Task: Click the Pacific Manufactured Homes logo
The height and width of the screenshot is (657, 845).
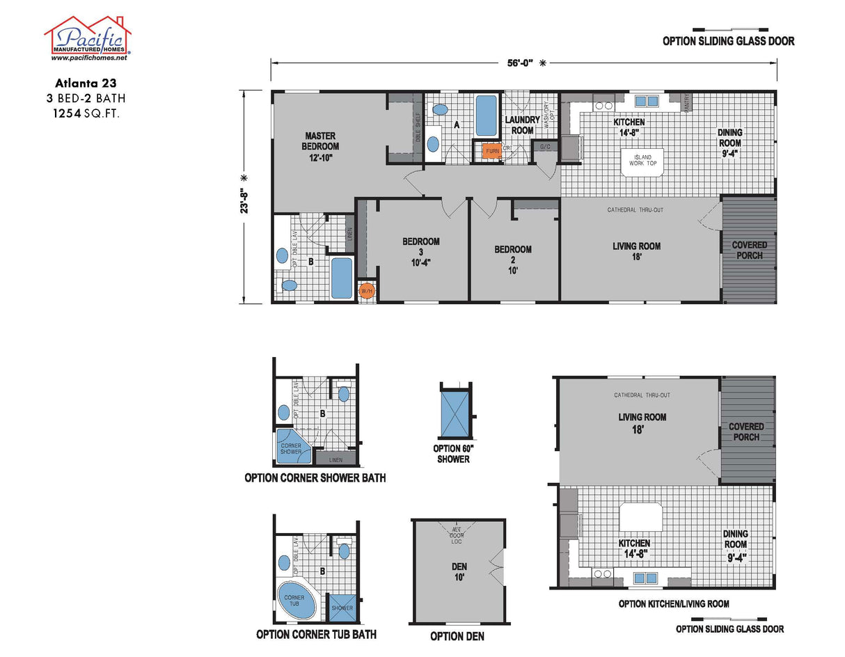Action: point(88,38)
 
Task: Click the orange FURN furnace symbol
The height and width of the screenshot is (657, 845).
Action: point(493,150)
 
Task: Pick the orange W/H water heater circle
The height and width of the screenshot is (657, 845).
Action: point(366,291)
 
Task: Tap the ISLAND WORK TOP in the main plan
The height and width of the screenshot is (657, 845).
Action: point(643,161)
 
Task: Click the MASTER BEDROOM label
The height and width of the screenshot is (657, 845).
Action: point(320,146)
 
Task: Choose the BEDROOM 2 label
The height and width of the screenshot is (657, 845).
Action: point(513,260)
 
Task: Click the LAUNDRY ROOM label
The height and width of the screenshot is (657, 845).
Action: point(523,125)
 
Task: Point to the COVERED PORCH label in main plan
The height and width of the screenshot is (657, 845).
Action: point(750,250)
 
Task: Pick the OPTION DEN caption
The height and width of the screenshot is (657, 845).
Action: point(457,636)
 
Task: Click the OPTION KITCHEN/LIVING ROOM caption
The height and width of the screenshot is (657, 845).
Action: point(673,603)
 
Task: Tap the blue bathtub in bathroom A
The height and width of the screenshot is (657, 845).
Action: point(486,116)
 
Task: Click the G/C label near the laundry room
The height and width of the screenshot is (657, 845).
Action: point(544,148)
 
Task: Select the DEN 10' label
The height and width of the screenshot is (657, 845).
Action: point(457,571)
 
